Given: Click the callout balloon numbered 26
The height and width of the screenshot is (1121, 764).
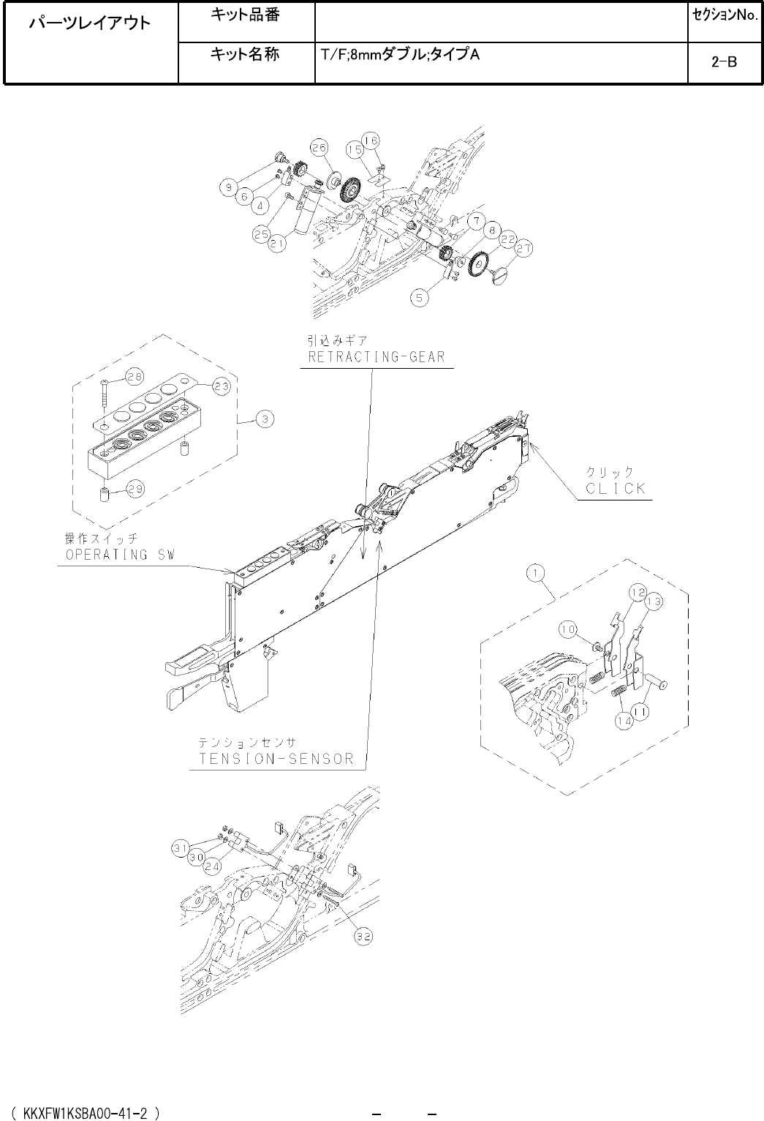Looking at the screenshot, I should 318,146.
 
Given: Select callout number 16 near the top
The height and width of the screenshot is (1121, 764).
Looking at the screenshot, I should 371,140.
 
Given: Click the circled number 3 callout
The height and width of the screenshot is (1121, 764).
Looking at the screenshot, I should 265,419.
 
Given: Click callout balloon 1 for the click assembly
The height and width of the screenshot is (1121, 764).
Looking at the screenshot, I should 537,574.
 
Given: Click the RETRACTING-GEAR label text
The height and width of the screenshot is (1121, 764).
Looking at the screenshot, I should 377,357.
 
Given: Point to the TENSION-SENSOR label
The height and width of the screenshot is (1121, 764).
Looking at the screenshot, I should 276,758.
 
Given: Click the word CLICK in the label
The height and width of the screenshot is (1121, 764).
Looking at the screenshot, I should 616,489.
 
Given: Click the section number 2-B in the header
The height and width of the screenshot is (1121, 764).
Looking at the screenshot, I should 723,63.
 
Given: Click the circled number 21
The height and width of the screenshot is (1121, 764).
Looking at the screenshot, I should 276,245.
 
